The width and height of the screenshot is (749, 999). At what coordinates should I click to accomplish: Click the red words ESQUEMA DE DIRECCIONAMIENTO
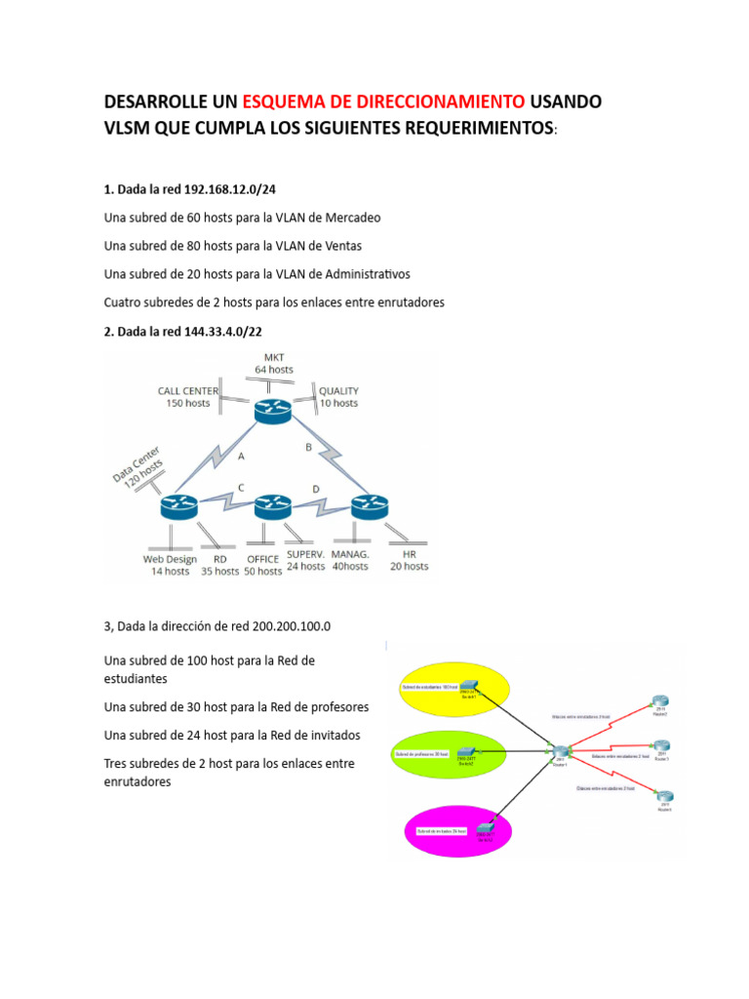383,102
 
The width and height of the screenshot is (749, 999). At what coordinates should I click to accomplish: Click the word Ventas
342,245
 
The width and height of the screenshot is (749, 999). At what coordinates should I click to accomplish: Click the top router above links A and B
272,411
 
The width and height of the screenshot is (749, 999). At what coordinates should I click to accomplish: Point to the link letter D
315,488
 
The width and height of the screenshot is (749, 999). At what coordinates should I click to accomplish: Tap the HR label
409,559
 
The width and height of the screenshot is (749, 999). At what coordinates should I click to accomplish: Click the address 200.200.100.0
279,625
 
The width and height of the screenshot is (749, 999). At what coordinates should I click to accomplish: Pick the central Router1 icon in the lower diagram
561,752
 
